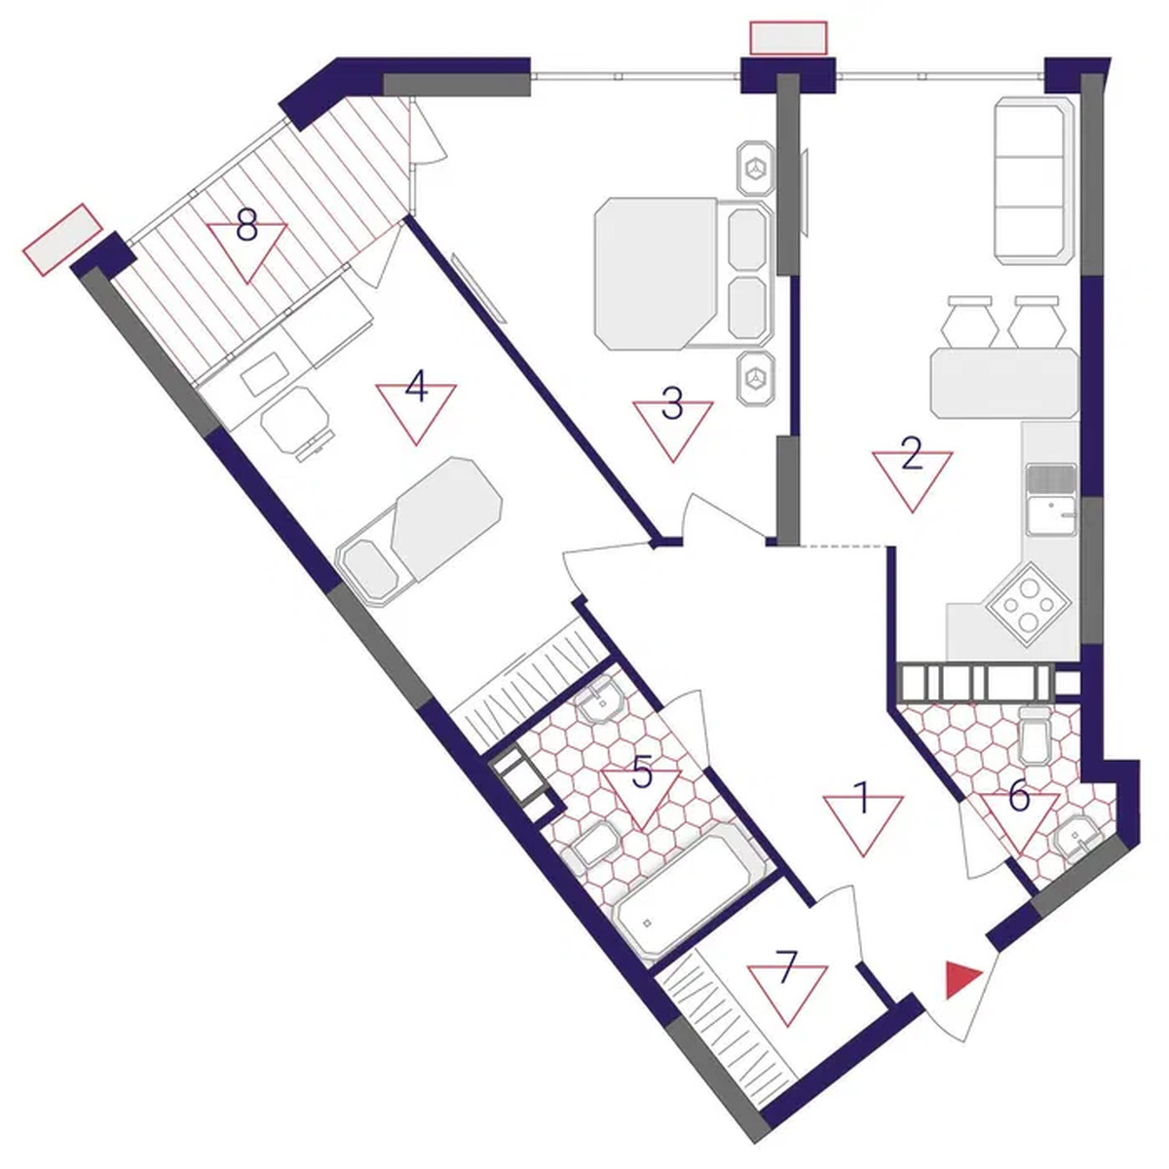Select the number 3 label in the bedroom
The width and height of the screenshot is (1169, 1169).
click(x=671, y=404)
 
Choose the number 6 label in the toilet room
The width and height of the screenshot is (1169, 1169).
click(x=1019, y=796)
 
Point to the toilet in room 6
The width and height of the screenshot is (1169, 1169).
click(x=1037, y=735)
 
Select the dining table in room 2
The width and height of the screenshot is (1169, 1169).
click(x=1004, y=382)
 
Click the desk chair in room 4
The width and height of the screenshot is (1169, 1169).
click(x=298, y=422)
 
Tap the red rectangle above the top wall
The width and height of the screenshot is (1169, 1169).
click(x=789, y=38)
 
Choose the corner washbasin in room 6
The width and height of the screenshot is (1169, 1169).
click(x=1078, y=839)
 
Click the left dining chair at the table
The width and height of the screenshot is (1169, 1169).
click(x=969, y=322)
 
